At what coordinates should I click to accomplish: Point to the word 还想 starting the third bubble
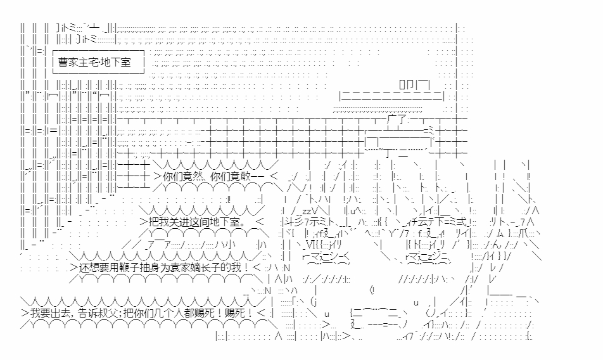click(x=89, y=268)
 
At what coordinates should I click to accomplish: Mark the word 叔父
click(x=119, y=312)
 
